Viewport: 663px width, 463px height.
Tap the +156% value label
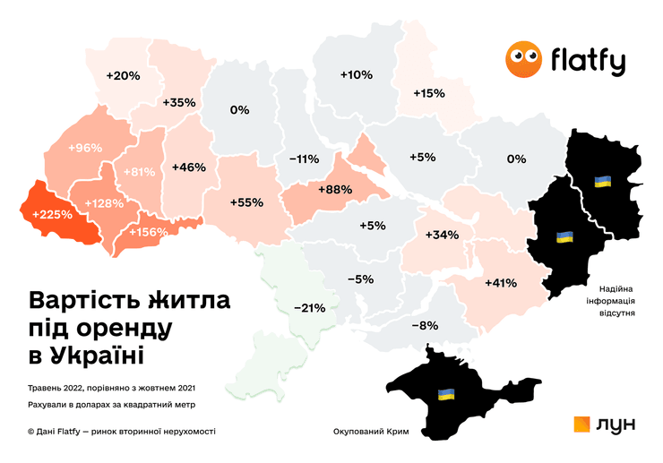tap(148, 233)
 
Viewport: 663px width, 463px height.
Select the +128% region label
tap(104, 203)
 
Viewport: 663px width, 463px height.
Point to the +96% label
tap(86, 148)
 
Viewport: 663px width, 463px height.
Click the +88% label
tap(333, 189)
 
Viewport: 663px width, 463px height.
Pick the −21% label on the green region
tap(309, 308)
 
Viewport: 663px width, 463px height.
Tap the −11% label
tap(304, 159)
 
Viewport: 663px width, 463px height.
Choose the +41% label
tap(500, 283)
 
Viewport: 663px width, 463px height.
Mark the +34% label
tap(442, 236)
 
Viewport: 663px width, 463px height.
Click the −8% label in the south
tap(425, 325)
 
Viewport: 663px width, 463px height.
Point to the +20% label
tap(123, 76)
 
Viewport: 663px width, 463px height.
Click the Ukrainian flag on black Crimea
tap(445, 394)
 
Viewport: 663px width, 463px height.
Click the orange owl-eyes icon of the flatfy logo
tap(523, 60)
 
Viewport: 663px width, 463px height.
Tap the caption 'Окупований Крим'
tap(370, 432)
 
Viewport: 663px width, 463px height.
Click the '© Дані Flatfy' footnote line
tap(122, 432)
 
